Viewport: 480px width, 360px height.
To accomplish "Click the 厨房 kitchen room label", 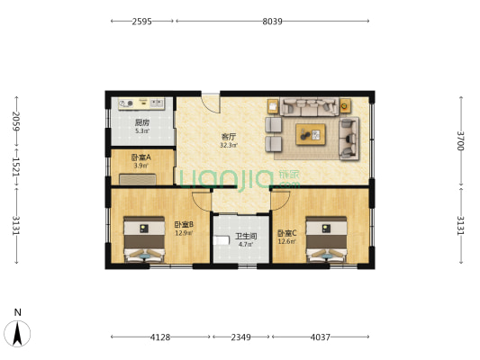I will coord(141,122).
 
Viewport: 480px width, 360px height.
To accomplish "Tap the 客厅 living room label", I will coord(229,137).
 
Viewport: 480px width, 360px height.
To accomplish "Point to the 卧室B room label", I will coord(184,224).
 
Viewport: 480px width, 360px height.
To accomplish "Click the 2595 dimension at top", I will coord(140,21).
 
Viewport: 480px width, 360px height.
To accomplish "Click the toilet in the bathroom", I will coord(222,244).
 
